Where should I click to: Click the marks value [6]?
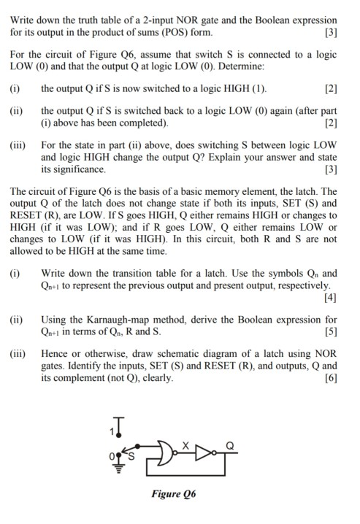pos(330,378)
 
